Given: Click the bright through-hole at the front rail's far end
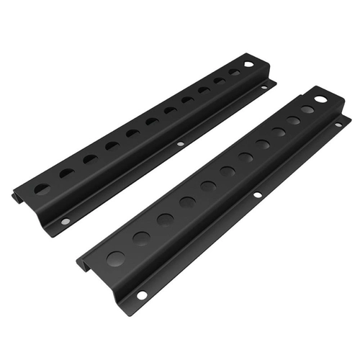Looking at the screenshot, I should (320, 99).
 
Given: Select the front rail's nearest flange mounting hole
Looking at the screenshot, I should (142, 294).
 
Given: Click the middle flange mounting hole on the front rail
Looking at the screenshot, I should (256, 195).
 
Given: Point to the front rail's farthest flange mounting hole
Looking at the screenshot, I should (338, 125).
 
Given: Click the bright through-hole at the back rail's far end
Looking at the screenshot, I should (248, 65).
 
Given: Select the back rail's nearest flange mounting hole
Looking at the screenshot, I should (66, 221).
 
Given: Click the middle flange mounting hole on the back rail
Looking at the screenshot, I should (180, 144).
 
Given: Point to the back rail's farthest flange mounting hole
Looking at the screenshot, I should (264, 86).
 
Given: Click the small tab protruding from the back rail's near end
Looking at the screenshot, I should (17, 197).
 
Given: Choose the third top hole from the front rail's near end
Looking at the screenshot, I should (166, 218).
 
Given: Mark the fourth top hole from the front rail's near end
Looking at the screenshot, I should (188, 202).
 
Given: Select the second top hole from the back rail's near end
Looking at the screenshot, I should (66, 173).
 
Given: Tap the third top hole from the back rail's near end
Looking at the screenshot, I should (89, 158).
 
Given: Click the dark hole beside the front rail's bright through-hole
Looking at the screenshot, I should (307, 109).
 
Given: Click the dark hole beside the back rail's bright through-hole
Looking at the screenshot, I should (235, 72).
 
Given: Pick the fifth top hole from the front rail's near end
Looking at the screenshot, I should (208, 186).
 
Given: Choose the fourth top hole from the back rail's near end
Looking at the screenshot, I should (112, 145).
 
